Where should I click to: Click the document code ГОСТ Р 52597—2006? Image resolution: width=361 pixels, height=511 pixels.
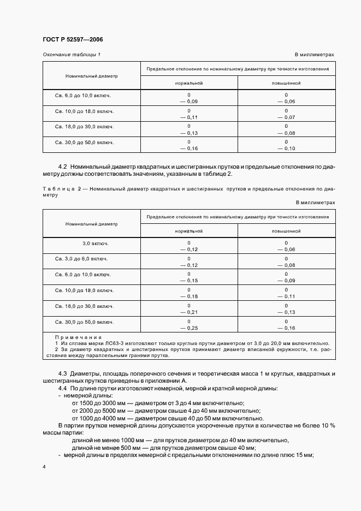click(72, 40)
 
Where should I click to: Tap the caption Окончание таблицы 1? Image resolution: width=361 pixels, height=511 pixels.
click(71, 55)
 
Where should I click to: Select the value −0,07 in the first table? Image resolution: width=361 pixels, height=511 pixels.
click(286, 117)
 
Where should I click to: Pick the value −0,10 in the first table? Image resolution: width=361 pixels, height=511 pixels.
click(286, 148)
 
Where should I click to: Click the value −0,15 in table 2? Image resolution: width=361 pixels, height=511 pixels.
click(188, 280)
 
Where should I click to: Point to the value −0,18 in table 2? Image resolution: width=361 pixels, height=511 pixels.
click(188, 296)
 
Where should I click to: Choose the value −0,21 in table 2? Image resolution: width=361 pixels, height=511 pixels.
click(188, 312)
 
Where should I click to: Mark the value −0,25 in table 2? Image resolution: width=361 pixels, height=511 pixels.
click(188, 328)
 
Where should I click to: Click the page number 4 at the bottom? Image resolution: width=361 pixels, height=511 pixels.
click(44, 467)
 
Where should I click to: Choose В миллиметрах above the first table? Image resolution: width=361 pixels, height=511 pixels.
click(315, 55)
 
